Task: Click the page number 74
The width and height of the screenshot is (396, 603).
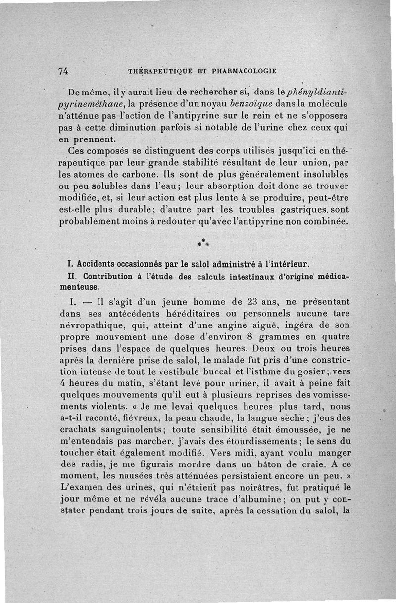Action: pos(63,71)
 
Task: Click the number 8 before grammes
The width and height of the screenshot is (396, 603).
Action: pos(250,336)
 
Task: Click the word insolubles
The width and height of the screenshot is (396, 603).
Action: pos(326,174)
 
